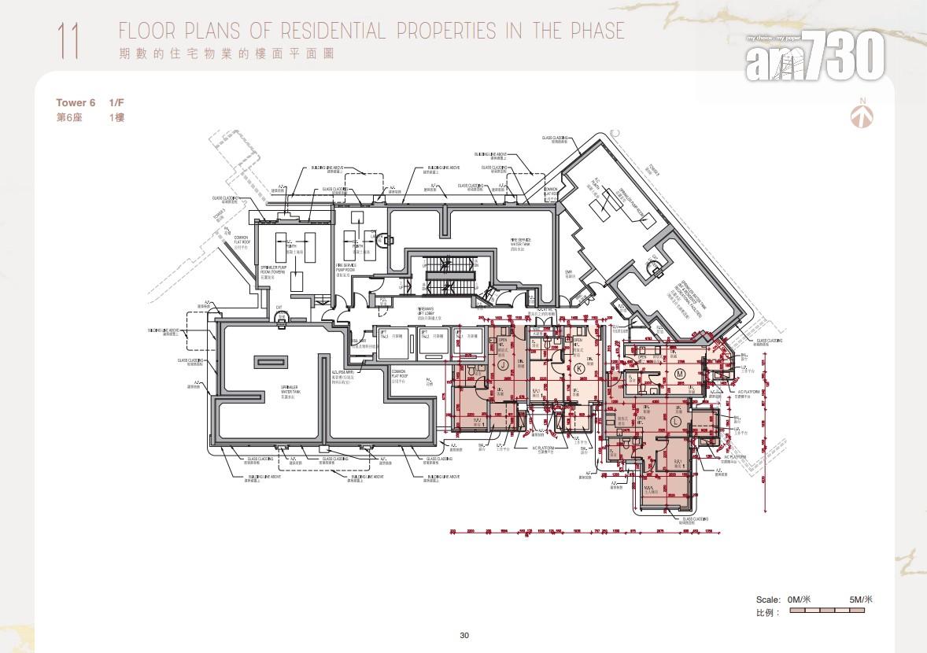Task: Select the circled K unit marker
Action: point(580,367)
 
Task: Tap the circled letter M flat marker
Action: point(678,373)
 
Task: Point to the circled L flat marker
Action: point(675,422)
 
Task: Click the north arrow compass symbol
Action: point(862,116)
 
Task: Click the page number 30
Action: point(464,636)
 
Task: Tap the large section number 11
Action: point(68,41)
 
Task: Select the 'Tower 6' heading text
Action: point(76,103)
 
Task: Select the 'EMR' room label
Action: point(568,273)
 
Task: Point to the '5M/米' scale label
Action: point(861,600)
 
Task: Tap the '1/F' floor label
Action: point(116,103)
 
